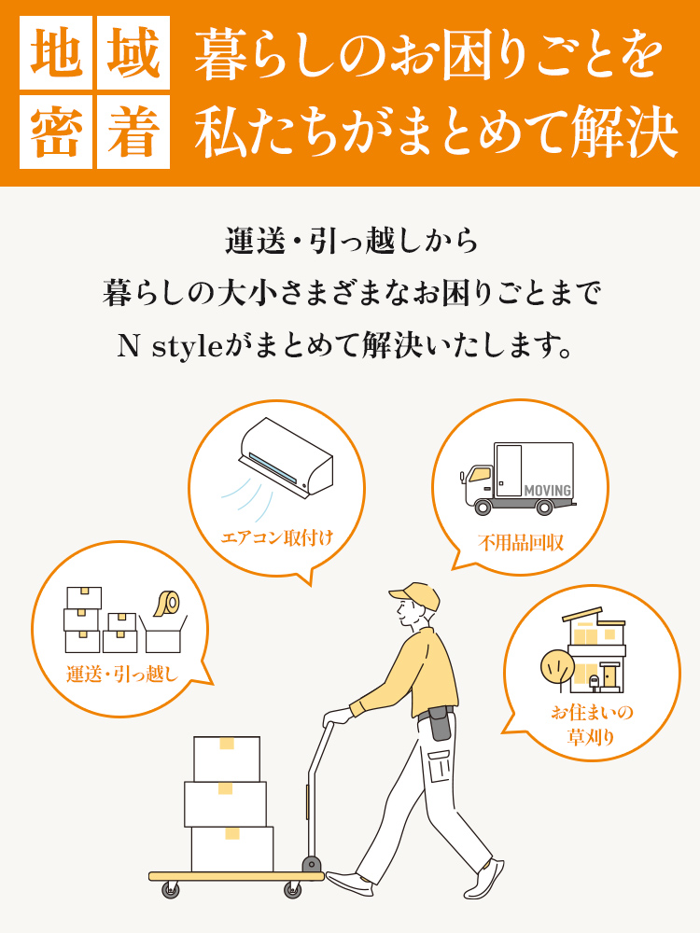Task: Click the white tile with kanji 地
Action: [56, 53]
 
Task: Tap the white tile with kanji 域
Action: [133, 53]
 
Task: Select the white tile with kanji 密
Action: [56, 132]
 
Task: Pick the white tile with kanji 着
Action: [133, 132]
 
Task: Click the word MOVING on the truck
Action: [548, 491]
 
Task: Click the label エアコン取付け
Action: [277, 538]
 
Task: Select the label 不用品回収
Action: [521, 543]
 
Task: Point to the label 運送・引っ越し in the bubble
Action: [122, 675]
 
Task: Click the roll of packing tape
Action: [167, 604]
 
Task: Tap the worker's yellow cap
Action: [415, 595]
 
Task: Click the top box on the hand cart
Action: [227, 759]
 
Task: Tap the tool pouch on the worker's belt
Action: [440, 724]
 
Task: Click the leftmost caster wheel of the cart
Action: [170, 890]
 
